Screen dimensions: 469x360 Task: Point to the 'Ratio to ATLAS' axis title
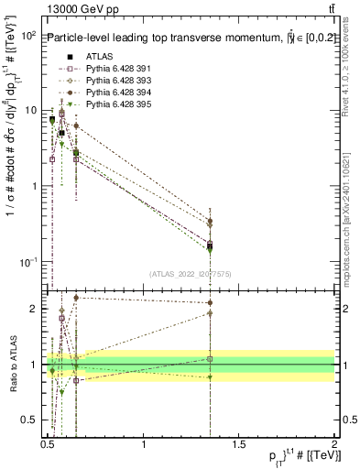[x=12, y=365]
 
